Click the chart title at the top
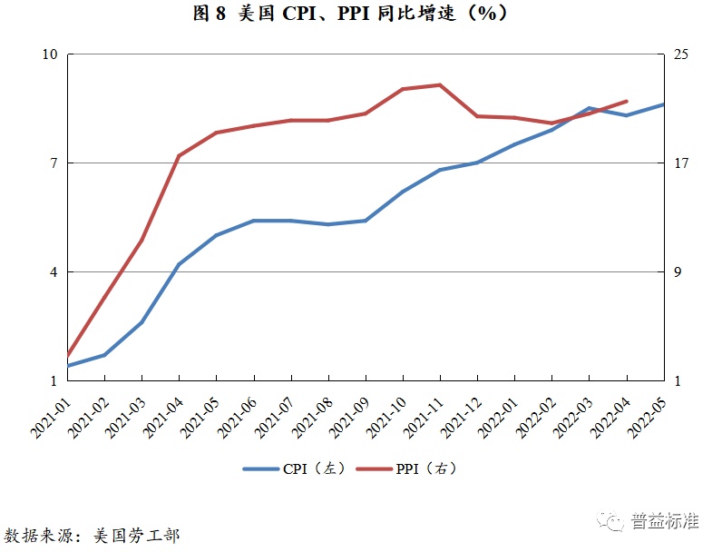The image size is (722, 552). pos(362,15)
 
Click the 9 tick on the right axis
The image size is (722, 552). pos(677,272)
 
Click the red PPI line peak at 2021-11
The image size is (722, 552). pos(440,84)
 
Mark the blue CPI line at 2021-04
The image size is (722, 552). pos(179,264)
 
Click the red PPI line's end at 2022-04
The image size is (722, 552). pos(627,101)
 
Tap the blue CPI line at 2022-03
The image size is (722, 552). pos(589,108)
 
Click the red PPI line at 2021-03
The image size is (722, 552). pos(142,240)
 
